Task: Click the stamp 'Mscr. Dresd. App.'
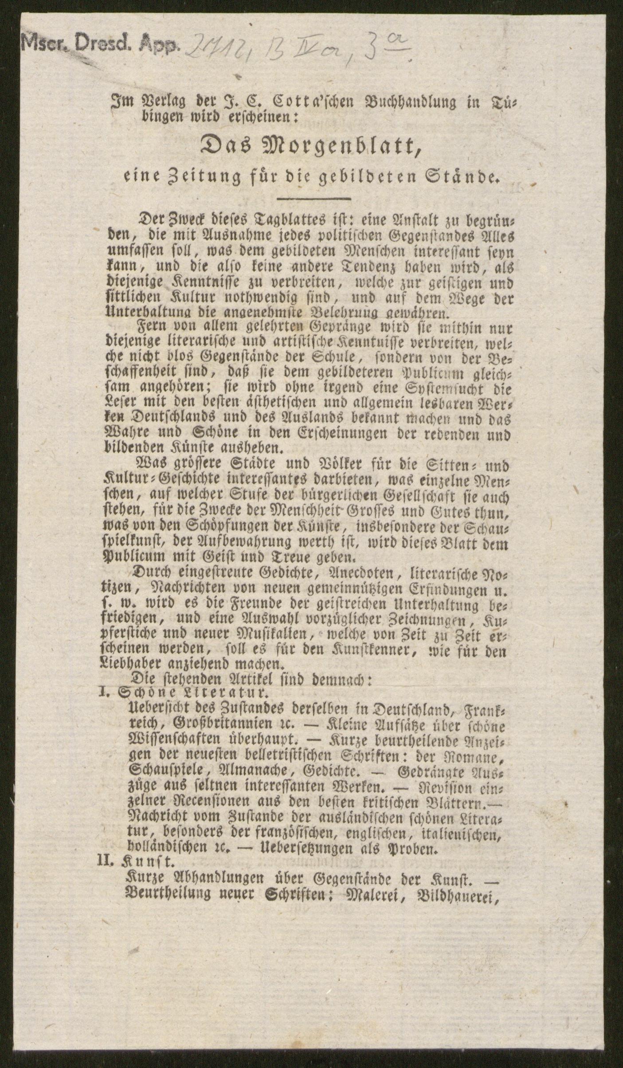(100, 45)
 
